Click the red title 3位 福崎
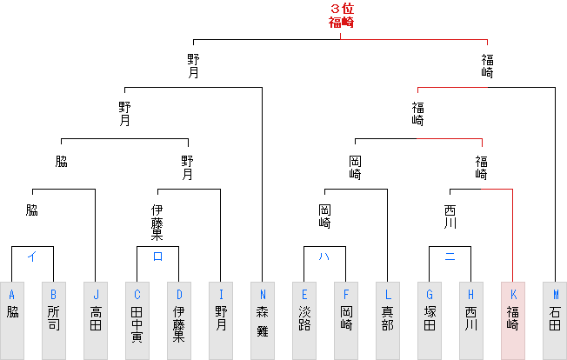tap(341, 17)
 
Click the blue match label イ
tap(32, 256)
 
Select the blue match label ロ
tap(157, 256)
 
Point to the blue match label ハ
tap(324, 256)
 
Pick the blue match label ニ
tap(450, 256)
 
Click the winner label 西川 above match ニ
tap(450, 217)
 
